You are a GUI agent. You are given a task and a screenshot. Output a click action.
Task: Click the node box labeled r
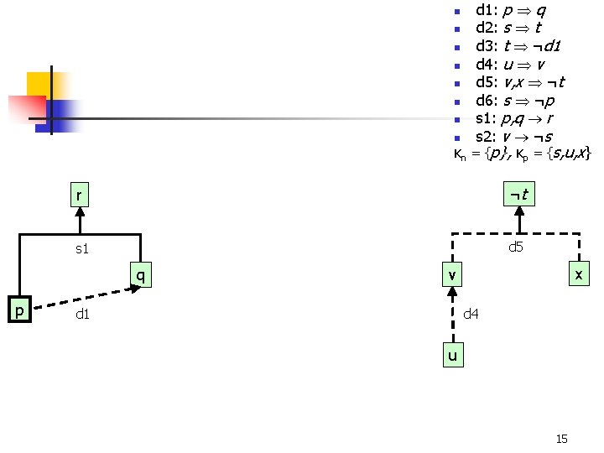[81, 195]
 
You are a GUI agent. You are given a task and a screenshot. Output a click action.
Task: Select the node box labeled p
[19, 310]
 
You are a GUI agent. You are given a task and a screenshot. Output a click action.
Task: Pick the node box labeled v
[452, 274]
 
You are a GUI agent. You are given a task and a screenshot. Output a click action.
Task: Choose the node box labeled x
[578, 274]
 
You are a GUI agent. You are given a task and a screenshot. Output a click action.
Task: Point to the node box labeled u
[452, 356]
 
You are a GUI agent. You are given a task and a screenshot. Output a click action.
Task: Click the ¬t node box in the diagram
[521, 195]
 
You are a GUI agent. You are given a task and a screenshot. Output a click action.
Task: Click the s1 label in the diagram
[82, 249]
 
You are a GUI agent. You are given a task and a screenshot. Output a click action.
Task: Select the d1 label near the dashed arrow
[82, 315]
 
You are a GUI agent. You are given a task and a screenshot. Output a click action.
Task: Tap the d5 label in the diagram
[515, 247]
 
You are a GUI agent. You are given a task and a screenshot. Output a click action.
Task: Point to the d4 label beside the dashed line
[471, 314]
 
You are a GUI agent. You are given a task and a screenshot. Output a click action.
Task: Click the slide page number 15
[562, 439]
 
